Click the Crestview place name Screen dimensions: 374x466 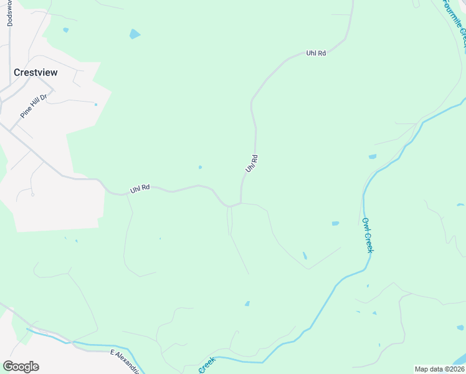tap(36, 72)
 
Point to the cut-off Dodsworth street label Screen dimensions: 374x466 tap(9, 12)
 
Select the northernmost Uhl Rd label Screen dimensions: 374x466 tap(316, 54)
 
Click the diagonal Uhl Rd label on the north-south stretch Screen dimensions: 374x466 tap(251, 164)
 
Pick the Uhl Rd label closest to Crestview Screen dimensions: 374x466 tap(140, 188)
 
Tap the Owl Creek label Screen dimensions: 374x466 tap(368, 234)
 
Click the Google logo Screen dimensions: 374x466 tap(21, 367)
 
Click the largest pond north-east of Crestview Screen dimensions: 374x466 tap(135, 34)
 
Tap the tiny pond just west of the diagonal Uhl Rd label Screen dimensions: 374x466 tap(200, 167)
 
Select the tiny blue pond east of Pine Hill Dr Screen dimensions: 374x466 tap(95, 105)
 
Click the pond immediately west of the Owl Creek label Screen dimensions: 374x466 tap(335, 223)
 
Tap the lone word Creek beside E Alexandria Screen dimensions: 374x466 tap(207, 365)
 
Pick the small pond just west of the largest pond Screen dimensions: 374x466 tap(65, 29)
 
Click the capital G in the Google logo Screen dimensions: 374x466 tap(8, 367)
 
